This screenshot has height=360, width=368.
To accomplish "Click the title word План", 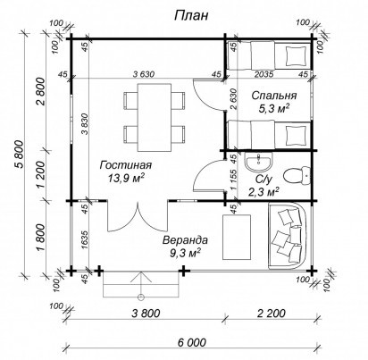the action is coord(191,16).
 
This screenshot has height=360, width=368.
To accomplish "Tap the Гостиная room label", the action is coord(126,165).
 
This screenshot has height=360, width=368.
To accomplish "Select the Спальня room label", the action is coord(274,96).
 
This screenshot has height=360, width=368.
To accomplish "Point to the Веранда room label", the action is coord(185,240).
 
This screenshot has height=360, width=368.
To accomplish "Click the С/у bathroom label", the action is coord(263,180).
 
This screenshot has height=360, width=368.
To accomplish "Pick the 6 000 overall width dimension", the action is coord(192,342).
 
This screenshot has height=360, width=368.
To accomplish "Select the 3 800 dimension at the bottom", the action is coord(146,313).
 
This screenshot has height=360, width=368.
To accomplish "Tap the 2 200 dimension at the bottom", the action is coord(272,313).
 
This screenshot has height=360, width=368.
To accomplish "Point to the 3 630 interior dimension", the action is coord(144,74).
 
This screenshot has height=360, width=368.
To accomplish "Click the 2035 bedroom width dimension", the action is coord(264,74).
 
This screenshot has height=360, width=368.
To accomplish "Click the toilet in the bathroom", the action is coord(297,176).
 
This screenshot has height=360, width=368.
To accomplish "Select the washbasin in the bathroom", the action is coord(258,162).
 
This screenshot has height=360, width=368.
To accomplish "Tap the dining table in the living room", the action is coord(155,117).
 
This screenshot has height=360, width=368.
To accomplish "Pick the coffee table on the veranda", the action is coord(237,237).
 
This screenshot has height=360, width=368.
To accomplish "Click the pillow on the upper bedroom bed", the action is coord(296,55).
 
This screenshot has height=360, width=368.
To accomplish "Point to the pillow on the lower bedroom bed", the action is coord(296,135).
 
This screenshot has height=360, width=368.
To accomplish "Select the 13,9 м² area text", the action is coord(126,179).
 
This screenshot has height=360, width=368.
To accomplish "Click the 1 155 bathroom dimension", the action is coord(234,180).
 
